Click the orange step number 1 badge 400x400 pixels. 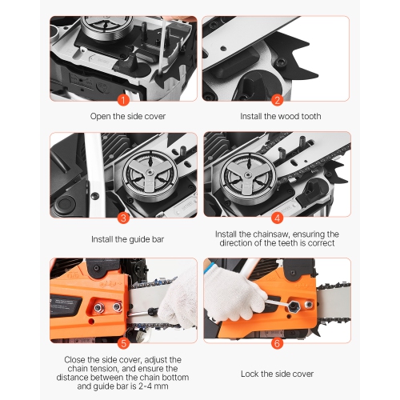point(122,100)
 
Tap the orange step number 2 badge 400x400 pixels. point(278,100)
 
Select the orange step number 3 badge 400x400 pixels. point(122,217)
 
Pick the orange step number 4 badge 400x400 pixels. point(278,217)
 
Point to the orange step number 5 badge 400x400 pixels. point(122,342)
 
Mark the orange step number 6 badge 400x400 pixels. point(278,342)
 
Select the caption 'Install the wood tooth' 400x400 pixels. point(281,116)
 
